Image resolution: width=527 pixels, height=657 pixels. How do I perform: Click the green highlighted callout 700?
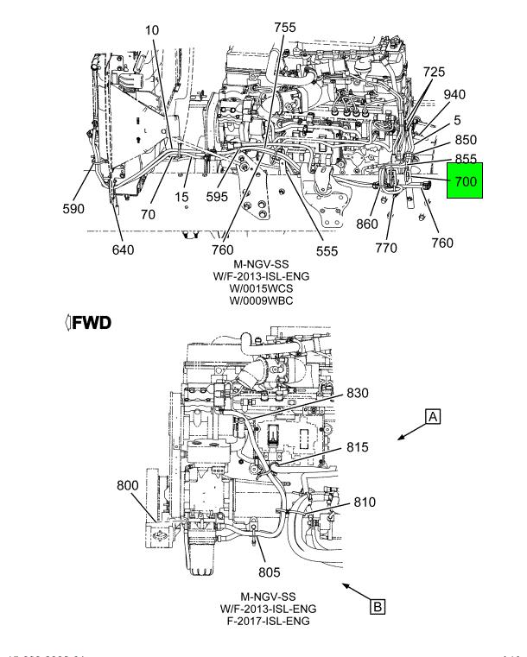pyautogui.click(x=464, y=182)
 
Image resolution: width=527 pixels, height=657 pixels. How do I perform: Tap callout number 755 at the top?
pyautogui.click(x=284, y=28)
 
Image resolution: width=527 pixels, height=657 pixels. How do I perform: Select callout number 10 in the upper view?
pyautogui.click(x=152, y=30)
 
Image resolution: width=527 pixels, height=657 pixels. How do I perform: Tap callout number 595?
pyautogui.click(x=217, y=196)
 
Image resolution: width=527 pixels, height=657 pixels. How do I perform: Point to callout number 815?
pyautogui.click(x=358, y=447)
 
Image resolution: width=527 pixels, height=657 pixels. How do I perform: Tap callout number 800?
pyautogui.click(x=127, y=485)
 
